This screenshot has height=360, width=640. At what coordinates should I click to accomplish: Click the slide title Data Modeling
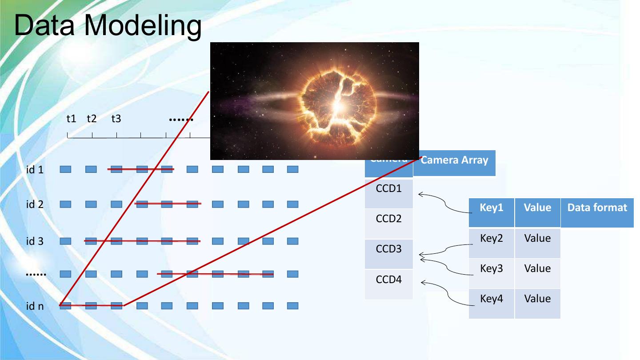(108, 25)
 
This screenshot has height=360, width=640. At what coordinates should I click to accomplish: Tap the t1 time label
(71, 119)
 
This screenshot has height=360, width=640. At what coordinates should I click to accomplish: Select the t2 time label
(92, 119)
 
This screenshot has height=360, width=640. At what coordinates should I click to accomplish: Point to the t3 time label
(116, 119)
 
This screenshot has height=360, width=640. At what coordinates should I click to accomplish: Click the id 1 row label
(35, 169)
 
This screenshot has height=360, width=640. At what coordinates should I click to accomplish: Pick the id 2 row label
(35, 204)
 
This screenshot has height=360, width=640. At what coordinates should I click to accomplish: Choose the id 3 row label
(35, 241)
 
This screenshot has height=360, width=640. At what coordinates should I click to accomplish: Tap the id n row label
(35, 306)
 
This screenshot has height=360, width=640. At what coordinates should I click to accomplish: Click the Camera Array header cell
(454, 161)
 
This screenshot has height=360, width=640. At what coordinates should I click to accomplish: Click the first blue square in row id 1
(65, 169)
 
